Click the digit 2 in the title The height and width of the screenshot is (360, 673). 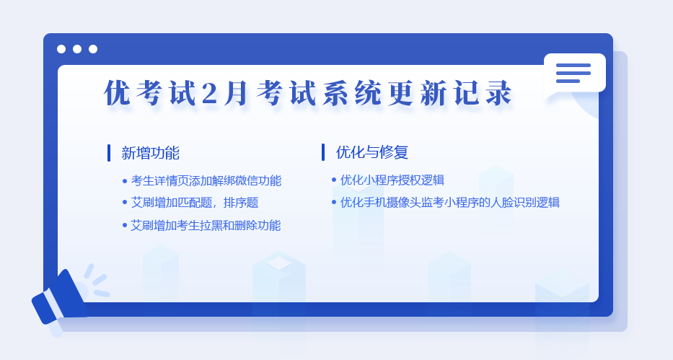(x=208, y=92)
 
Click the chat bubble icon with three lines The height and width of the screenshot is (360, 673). (x=574, y=74)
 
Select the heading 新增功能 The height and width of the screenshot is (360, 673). (x=150, y=153)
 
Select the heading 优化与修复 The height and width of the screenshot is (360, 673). (x=371, y=152)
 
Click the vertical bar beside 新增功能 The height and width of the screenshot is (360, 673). (x=109, y=153)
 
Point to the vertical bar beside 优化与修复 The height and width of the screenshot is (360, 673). (x=323, y=152)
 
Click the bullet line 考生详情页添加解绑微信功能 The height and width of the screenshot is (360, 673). (x=206, y=180)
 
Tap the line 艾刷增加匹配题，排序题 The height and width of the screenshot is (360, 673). (x=195, y=203)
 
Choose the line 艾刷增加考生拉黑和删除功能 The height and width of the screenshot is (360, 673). (x=206, y=225)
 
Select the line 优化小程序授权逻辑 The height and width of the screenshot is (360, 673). (x=392, y=180)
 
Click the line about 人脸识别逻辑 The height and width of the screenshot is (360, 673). (x=450, y=202)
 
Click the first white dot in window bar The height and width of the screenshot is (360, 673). (x=61, y=49)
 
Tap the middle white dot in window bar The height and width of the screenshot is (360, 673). (x=77, y=49)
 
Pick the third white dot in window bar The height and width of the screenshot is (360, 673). (x=93, y=49)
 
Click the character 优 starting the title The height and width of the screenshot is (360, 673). (x=117, y=92)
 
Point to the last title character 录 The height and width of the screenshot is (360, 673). (x=498, y=92)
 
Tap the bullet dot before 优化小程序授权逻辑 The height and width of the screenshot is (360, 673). (x=334, y=180)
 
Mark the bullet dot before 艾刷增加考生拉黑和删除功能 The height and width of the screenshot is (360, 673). (x=125, y=225)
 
